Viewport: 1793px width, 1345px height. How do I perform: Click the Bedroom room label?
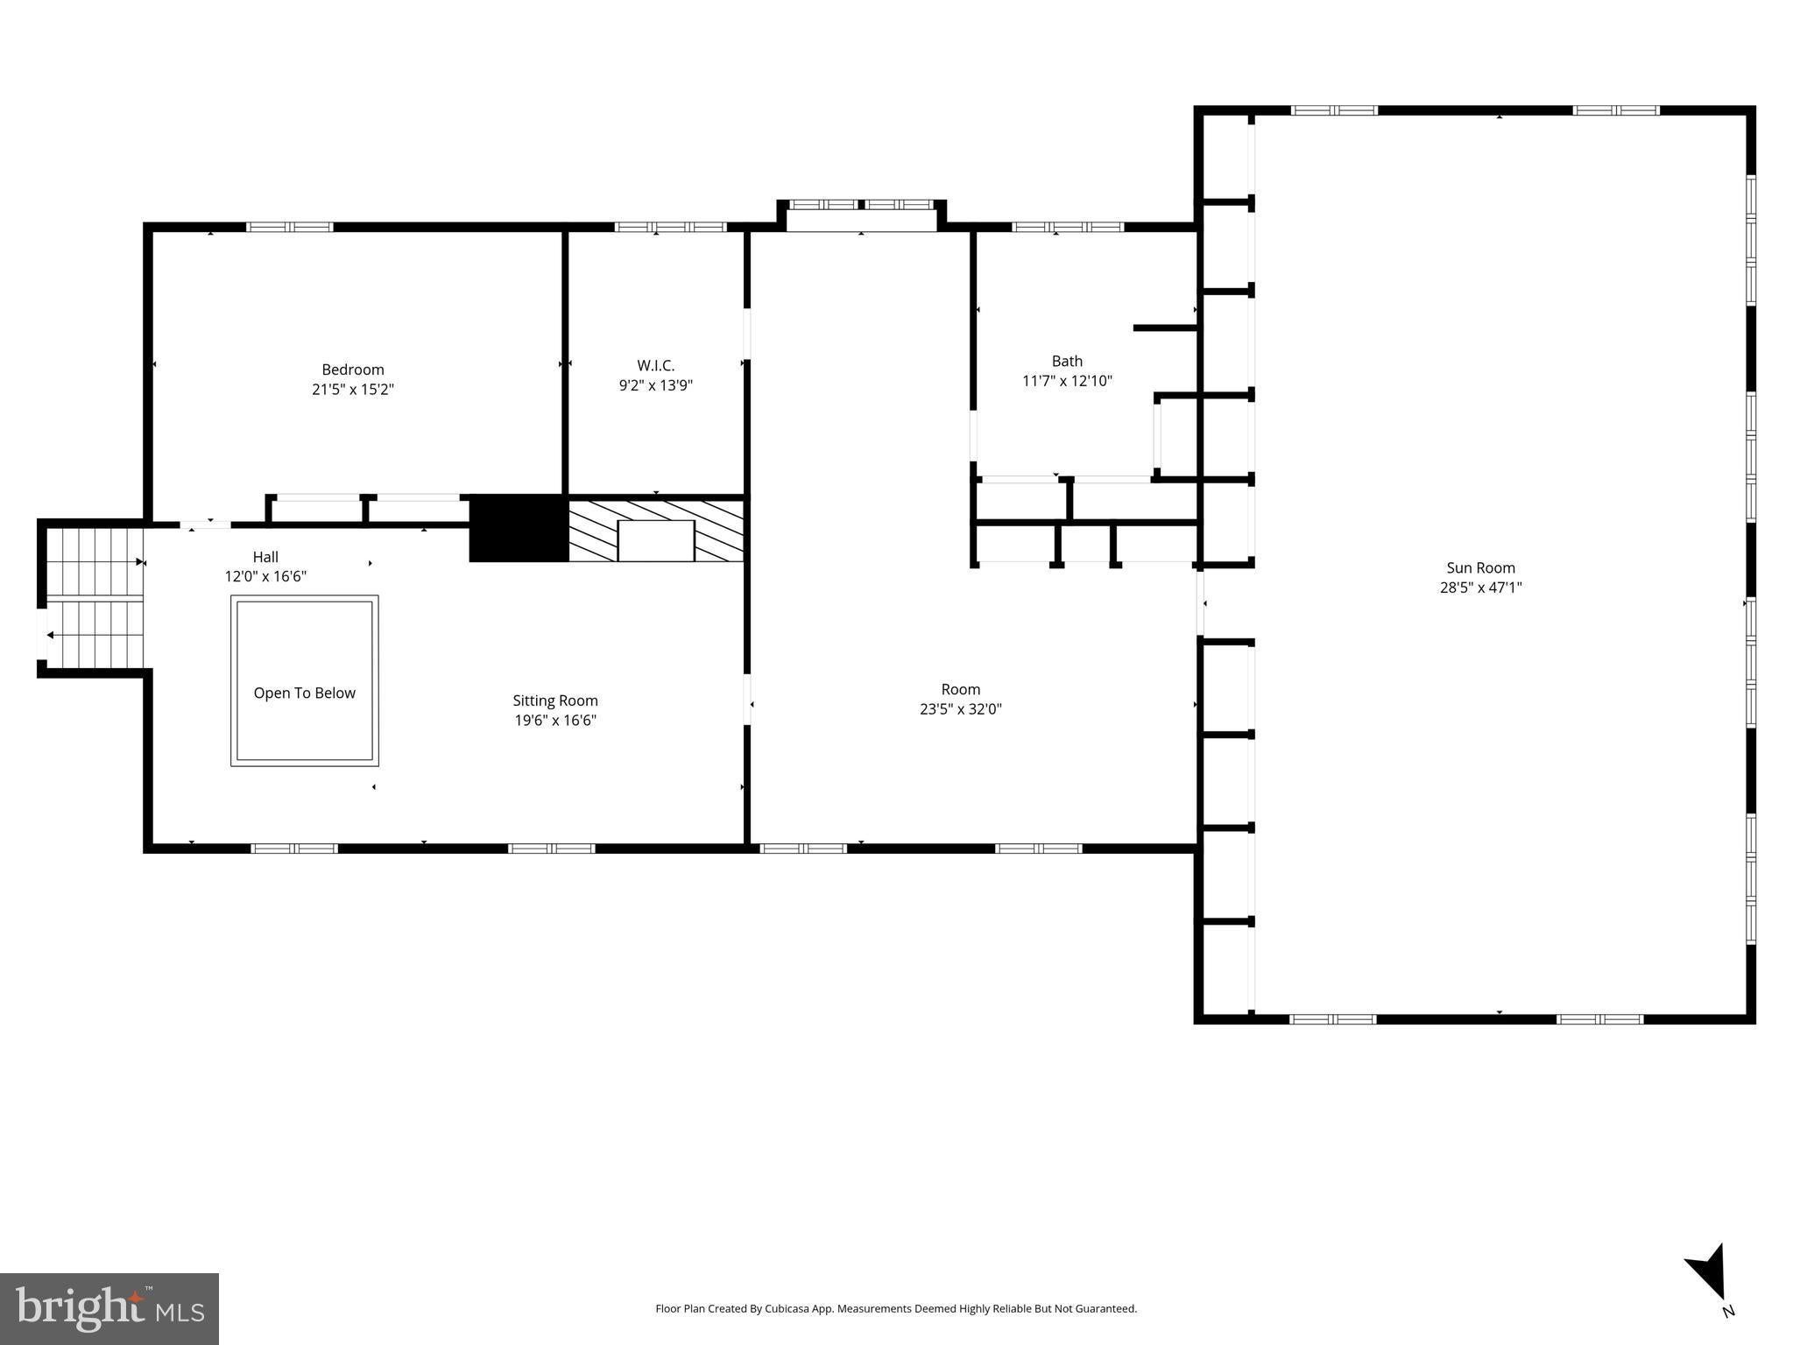click(353, 370)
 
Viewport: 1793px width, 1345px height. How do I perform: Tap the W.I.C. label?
click(656, 365)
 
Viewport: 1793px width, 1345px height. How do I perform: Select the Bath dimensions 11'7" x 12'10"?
click(1067, 381)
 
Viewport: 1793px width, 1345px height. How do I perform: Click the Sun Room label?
click(1480, 567)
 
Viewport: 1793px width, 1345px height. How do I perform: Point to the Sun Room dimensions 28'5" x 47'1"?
click(1480, 588)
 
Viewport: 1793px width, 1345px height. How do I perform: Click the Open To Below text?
click(305, 693)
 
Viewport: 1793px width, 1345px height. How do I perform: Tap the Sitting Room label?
click(555, 701)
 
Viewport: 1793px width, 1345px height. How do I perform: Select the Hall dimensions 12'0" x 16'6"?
click(265, 576)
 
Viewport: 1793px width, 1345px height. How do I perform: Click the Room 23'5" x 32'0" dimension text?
click(961, 709)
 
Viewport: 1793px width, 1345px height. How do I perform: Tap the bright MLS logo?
click(109, 1308)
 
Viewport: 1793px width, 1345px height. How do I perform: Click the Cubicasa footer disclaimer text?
click(896, 1308)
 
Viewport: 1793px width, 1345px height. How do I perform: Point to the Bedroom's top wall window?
click(290, 227)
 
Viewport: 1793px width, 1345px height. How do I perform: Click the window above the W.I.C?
click(671, 227)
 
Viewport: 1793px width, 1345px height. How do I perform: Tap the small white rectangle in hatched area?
click(656, 540)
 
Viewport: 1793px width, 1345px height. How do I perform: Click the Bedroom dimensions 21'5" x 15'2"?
click(353, 390)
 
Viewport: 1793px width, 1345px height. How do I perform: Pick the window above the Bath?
click(1068, 227)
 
